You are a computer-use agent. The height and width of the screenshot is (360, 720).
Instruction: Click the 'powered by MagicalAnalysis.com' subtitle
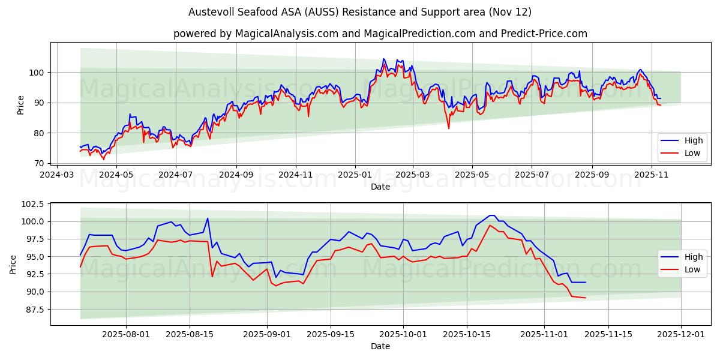coord(380,34)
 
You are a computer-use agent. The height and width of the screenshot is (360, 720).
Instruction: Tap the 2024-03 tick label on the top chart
coord(57,175)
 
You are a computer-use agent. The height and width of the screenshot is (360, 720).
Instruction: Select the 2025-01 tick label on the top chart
coord(355,175)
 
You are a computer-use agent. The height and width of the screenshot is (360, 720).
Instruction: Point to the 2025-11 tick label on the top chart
coord(651,175)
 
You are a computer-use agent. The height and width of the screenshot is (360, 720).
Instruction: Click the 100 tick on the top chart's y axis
coord(37,73)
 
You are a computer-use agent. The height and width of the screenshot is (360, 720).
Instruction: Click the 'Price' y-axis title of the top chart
coord(21,105)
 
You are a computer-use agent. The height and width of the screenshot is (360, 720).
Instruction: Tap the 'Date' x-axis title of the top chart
coord(380,187)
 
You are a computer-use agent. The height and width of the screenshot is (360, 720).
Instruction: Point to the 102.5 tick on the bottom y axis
coord(32,204)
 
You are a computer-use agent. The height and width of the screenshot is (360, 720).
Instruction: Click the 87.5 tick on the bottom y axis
coord(34,310)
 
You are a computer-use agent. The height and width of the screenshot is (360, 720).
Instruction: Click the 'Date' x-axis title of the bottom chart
coord(380,346)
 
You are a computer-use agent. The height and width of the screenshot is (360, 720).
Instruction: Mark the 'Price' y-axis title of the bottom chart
coord(13,265)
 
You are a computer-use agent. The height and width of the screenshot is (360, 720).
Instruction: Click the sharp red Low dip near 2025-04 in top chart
coord(448,128)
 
